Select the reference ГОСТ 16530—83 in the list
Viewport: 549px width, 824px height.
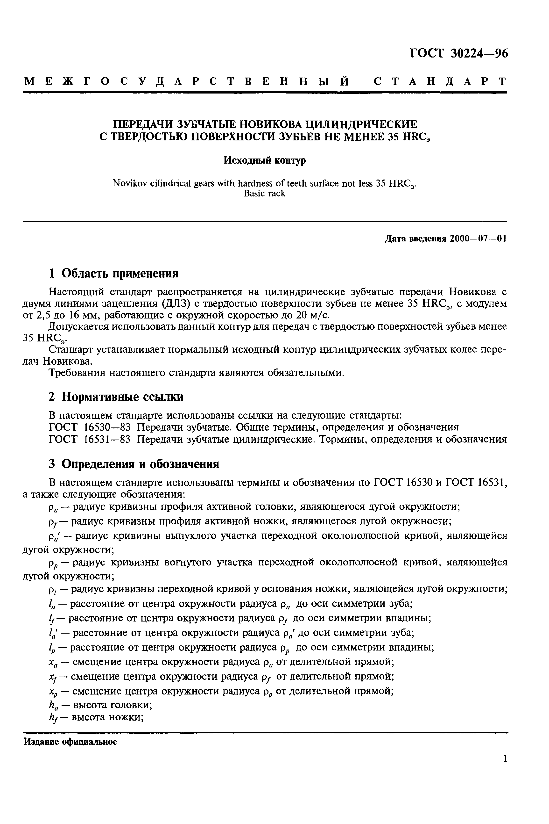[x=90, y=427]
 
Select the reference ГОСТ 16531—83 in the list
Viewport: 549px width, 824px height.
[x=90, y=439]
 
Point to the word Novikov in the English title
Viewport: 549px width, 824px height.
[x=127, y=183]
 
